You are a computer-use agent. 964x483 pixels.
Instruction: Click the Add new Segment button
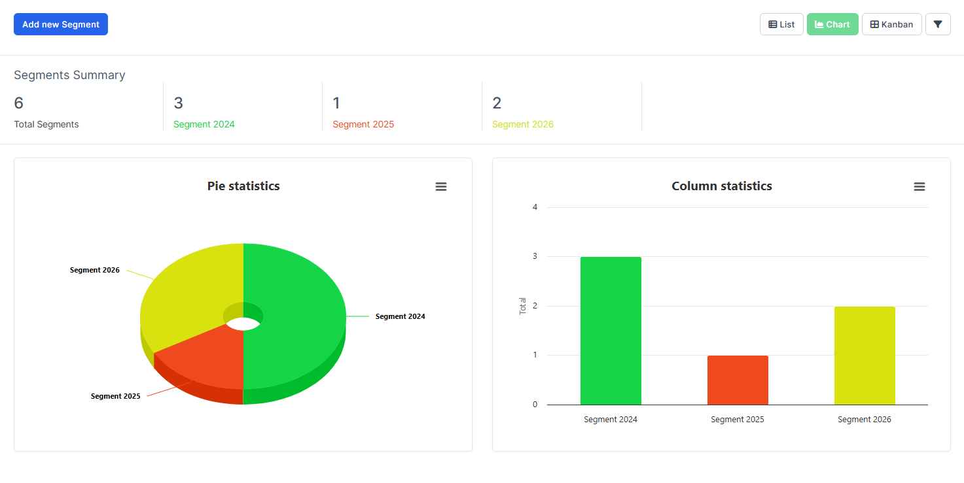coord(61,24)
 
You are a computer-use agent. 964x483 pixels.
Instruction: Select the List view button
coord(781,24)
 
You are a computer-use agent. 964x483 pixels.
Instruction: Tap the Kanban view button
coord(891,24)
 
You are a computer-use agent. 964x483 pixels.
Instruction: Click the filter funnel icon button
coord(938,24)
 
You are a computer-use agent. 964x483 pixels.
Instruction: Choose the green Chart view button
coord(832,24)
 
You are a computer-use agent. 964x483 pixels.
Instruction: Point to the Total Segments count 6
coord(18,103)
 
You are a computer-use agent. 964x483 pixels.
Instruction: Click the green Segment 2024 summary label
coord(204,124)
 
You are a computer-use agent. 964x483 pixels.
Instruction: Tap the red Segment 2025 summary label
coord(363,124)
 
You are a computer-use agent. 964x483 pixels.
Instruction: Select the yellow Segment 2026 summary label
coord(523,124)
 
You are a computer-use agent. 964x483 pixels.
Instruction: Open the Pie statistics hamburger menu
coord(441,187)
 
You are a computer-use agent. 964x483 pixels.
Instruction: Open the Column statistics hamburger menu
coord(919,187)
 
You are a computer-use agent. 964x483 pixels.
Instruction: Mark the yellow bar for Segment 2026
coord(865,356)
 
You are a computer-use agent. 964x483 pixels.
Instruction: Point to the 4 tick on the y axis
coord(535,207)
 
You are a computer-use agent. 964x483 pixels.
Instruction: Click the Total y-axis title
coord(523,306)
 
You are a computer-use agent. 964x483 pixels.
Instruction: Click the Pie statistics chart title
coord(243,186)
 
